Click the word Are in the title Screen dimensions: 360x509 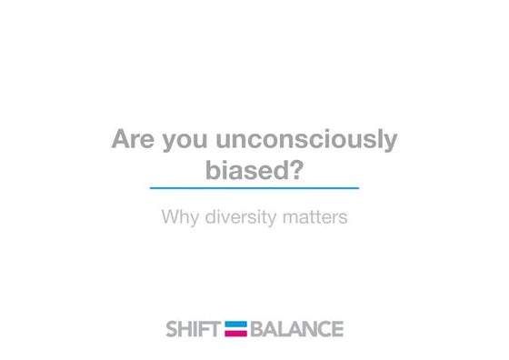(133, 140)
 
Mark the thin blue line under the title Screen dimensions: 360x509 (254, 188)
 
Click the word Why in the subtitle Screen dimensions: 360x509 (178, 218)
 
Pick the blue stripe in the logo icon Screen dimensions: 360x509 (236, 324)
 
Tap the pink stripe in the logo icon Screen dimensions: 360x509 (236, 333)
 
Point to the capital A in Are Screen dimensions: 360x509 (120, 140)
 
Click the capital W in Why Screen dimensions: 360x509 (169, 218)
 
